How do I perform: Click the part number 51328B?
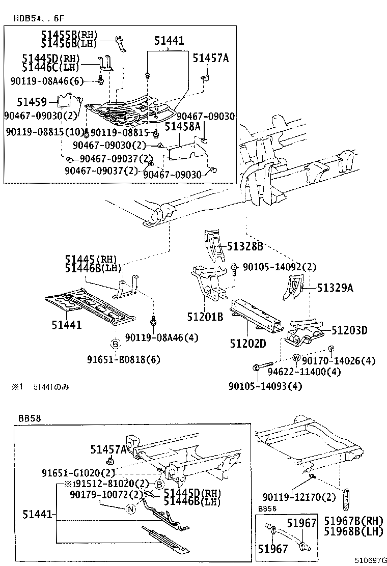[x=245, y=247]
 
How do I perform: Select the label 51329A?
[x=336, y=288]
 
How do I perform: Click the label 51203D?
[x=349, y=330]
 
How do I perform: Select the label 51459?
[x=32, y=102]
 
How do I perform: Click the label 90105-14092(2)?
[x=279, y=267]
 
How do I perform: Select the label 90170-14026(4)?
[x=338, y=361]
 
